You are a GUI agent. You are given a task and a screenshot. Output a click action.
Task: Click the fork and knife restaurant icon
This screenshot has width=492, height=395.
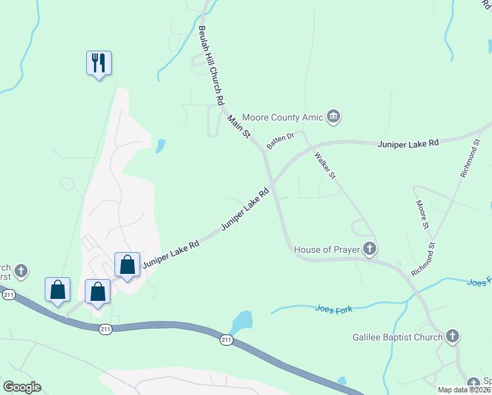99,63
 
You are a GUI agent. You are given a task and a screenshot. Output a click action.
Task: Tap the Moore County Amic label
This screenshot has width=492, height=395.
283,117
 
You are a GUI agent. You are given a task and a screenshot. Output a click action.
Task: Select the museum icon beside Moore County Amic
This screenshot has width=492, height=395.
333,117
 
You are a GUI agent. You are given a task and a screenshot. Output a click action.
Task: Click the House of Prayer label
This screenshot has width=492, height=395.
326,250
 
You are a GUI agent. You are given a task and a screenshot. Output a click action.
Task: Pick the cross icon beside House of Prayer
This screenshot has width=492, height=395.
370,249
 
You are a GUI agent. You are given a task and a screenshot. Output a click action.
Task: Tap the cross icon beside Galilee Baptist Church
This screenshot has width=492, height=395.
452,336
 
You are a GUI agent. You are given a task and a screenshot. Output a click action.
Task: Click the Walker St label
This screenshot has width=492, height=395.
325,166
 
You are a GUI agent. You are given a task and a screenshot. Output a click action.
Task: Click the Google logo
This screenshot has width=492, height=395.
22,387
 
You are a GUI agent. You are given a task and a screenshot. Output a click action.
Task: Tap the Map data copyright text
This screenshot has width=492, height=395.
464,390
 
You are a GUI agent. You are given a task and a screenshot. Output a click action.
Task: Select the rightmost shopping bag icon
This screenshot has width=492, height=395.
128,265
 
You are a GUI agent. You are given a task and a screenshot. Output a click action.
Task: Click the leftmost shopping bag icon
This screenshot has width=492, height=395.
58,289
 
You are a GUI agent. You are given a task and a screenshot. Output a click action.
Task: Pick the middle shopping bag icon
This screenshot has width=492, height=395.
98,291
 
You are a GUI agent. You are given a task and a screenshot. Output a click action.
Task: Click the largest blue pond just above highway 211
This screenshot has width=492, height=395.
241,323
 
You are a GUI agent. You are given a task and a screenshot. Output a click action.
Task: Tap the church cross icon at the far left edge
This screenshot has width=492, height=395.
21,271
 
